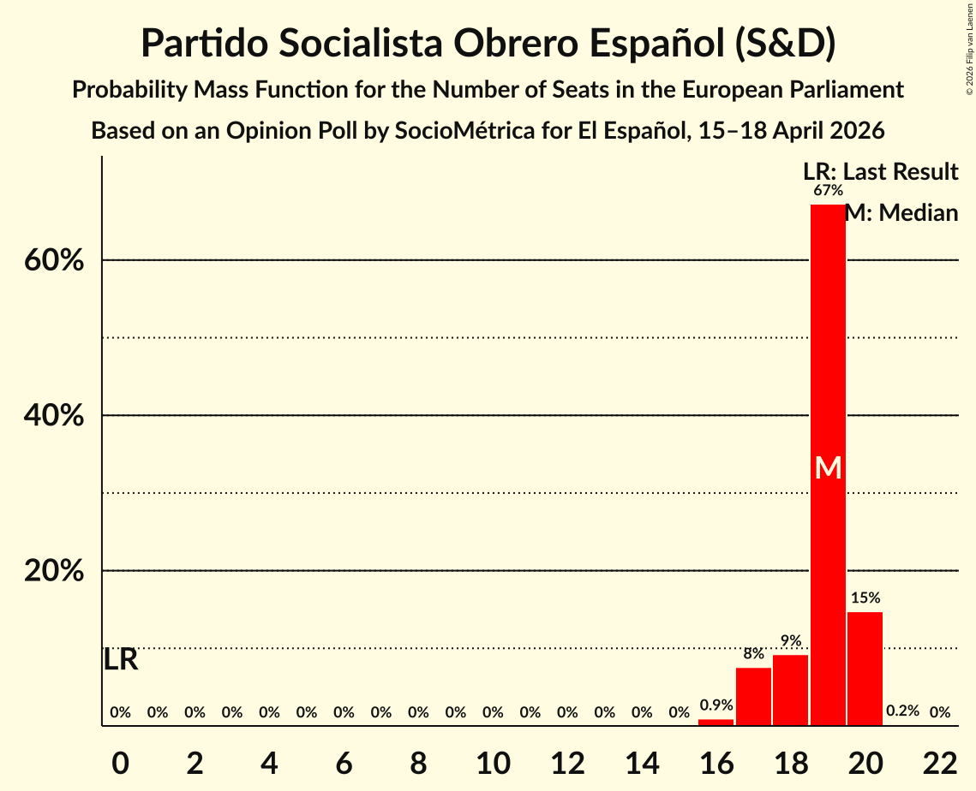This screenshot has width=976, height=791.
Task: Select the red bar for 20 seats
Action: point(865,669)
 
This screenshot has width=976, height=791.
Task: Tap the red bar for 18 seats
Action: point(790,690)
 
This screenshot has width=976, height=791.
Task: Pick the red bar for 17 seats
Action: point(753,696)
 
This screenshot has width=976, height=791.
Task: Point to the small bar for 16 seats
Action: point(716,723)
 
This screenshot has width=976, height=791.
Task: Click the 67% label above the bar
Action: point(828,190)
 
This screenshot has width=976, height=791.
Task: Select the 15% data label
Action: point(865,598)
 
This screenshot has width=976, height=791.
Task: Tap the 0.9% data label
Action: point(716,705)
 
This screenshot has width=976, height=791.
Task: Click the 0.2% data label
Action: point(902,711)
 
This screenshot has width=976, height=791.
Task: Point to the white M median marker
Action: point(828,467)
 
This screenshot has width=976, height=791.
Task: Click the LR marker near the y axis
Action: point(121,660)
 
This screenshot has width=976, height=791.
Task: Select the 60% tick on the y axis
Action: point(54,260)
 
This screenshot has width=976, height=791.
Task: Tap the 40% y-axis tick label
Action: point(54,416)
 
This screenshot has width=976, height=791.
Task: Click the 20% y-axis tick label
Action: point(54,571)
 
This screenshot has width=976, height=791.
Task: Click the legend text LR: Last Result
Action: point(880,172)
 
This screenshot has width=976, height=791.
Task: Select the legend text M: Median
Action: point(901,213)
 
